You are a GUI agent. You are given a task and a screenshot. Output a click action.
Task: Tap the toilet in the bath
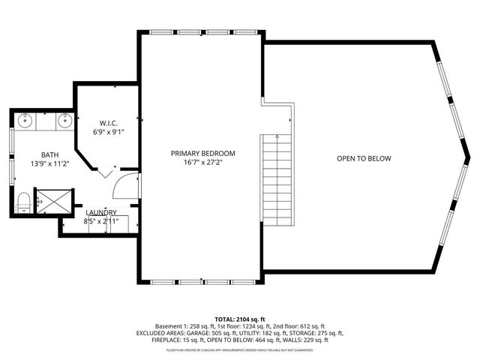coord(22,201)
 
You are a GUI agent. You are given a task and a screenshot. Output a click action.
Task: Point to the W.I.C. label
coord(108,122)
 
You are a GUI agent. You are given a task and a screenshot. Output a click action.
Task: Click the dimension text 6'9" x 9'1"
coord(108,132)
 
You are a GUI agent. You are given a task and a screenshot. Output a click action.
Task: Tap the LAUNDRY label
coord(100,213)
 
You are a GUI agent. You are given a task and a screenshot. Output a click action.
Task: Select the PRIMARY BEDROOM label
coord(197,153)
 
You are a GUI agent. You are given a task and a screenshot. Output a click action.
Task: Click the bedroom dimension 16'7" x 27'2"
coord(197,162)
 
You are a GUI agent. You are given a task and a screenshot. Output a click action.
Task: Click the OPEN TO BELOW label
coord(364,158)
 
